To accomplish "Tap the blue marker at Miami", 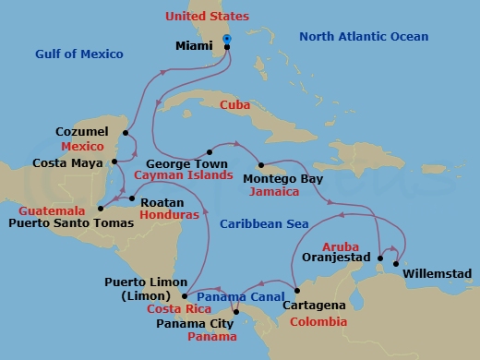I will (x=227, y=39).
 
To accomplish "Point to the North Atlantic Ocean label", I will (x=365, y=37).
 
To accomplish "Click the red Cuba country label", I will (x=235, y=105).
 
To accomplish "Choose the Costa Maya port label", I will (x=67, y=163).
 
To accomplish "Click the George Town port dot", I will (x=210, y=151).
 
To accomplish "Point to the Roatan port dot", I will (x=132, y=198).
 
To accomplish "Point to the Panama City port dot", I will (x=236, y=311).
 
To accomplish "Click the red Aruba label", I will (x=341, y=246).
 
